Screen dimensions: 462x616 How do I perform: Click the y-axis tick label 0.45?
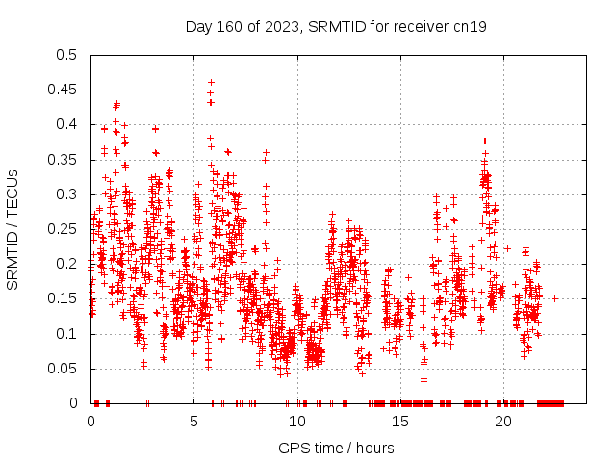coord(65,90)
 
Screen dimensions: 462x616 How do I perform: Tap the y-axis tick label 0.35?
coord(65,160)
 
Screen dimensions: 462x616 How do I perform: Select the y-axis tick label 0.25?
coord(65,229)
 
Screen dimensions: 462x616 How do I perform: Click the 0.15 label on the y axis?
coord(65,299)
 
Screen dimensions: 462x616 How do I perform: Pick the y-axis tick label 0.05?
coord(65,369)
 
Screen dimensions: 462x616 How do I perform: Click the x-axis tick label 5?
coord(194,422)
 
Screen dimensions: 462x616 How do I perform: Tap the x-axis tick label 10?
coord(297,422)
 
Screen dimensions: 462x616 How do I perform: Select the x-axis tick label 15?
coord(400,422)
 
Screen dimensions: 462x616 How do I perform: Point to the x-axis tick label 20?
coord(503,422)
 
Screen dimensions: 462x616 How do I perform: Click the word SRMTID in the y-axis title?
coord(13,255)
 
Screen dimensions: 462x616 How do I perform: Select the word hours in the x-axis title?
coord(374,449)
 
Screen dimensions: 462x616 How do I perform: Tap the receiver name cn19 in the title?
coord(470,26)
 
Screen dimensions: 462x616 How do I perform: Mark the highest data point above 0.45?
coord(211,83)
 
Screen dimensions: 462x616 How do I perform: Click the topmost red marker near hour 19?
coord(485,141)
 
